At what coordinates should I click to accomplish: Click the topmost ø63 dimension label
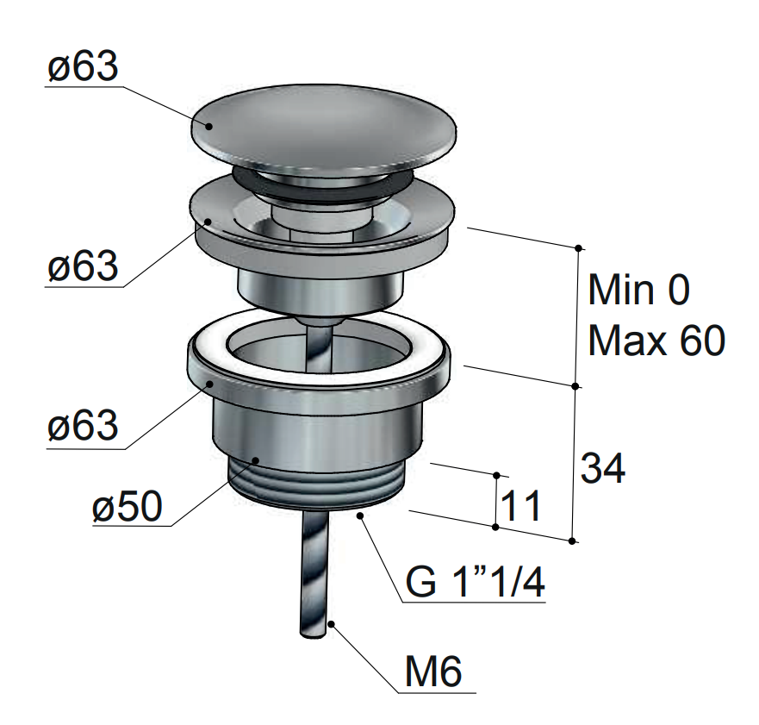coord(83,66)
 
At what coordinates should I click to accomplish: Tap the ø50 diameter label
coord(127,507)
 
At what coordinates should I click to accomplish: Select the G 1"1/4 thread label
coord(476,582)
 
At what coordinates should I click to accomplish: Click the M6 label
coord(433,672)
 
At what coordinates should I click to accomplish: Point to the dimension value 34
coord(603,468)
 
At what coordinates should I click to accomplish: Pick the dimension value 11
coord(521,506)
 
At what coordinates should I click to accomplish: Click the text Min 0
coord(638,290)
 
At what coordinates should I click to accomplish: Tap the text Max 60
coord(656,341)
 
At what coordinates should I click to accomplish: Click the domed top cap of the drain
coord(324,127)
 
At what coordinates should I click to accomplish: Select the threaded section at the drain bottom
coord(315,484)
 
